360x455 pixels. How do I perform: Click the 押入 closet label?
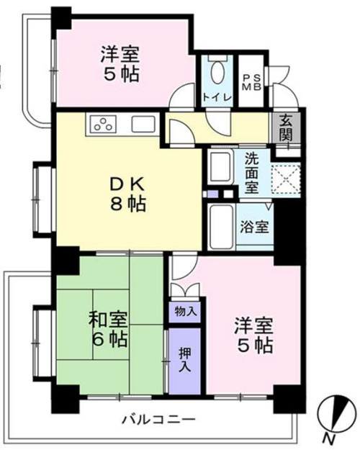point(186,361)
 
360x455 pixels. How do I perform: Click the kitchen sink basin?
point(142,124)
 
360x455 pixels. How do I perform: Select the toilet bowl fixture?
point(218,72)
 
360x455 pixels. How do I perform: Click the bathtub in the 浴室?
point(219,225)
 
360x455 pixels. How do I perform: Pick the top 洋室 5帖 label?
point(119,63)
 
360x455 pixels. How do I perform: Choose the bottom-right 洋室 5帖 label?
point(253,335)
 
